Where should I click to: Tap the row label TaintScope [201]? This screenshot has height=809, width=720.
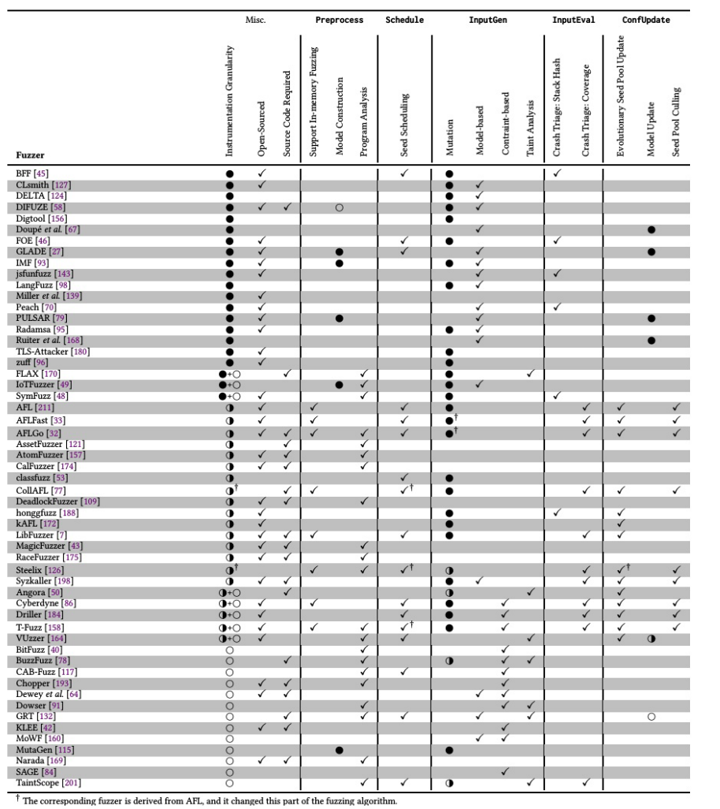[x=46, y=783]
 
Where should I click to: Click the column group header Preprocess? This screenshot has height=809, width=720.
[x=339, y=20]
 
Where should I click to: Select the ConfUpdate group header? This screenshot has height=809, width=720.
[x=646, y=20]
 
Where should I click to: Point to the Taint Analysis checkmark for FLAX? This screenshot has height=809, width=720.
[x=530, y=372]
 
